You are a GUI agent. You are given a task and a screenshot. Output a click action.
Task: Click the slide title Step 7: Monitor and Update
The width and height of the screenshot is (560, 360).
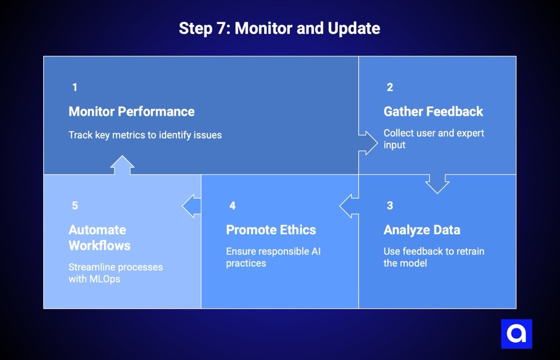[x=279, y=28]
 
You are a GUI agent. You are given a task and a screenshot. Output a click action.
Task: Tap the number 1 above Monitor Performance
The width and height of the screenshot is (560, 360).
[x=75, y=87]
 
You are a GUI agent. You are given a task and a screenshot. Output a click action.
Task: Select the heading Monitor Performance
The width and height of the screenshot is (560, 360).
[x=131, y=112]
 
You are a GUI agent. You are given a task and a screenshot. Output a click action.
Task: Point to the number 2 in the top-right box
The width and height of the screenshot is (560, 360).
[x=390, y=87]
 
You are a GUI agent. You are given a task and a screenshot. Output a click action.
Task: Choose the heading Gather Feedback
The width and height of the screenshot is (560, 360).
[x=433, y=112]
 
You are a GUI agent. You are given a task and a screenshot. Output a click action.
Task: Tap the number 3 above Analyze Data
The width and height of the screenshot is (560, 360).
[x=390, y=206]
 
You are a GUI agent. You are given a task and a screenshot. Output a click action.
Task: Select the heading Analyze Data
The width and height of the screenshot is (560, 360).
[x=422, y=230]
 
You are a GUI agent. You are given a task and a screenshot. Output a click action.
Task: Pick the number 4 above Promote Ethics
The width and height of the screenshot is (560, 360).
[x=232, y=206]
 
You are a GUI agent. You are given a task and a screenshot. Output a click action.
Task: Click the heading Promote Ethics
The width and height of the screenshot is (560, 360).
[x=271, y=230]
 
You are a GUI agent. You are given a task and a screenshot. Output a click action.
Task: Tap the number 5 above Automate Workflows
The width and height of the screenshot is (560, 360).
[x=75, y=206]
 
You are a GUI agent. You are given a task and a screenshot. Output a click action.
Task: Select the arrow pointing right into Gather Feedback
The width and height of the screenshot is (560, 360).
[x=368, y=142]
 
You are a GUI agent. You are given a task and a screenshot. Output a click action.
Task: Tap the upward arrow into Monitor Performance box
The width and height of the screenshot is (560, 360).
[x=122, y=165]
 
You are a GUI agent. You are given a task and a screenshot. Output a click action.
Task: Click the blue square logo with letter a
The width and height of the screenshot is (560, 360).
[x=516, y=334]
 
